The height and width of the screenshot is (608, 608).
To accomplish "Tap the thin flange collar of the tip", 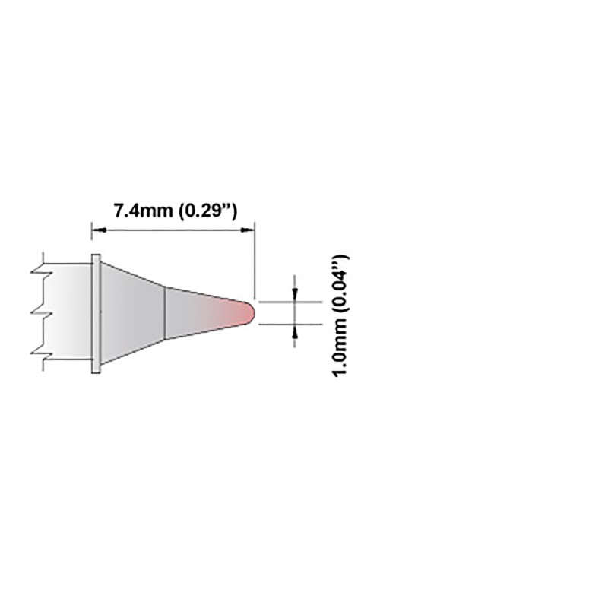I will pyautogui.click(x=95, y=313).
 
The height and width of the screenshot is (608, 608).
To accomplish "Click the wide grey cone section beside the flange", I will pyautogui.click(x=133, y=313).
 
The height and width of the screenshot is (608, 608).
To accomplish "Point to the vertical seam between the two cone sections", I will pyautogui.click(x=166, y=312).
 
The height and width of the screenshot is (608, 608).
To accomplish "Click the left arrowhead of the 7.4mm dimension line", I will pyautogui.click(x=95, y=227).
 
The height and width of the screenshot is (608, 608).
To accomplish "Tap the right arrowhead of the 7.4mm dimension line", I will pyautogui.click(x=249, y=227).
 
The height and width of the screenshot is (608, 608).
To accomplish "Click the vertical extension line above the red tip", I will pyautogui.click(x=254, y=258).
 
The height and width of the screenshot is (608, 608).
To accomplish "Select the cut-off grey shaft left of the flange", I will pyautogui.click(x=68, y=313).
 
